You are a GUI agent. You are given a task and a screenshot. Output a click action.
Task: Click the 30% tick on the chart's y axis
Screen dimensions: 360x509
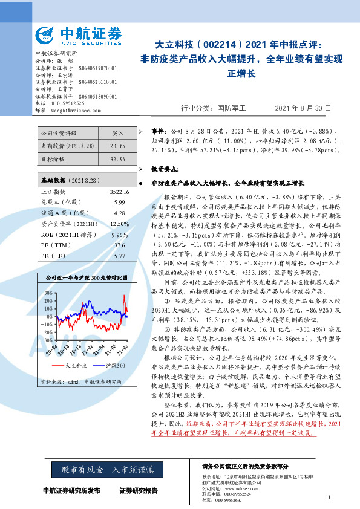49,293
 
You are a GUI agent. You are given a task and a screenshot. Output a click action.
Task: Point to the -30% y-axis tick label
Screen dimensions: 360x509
48,340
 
